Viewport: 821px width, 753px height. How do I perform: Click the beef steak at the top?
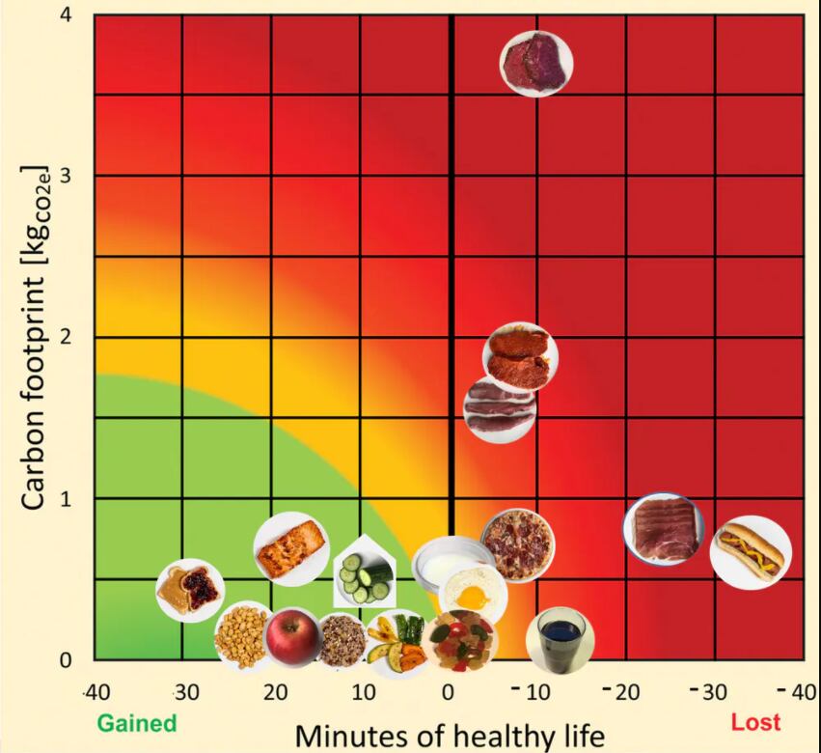536,63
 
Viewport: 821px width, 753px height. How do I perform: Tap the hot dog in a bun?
751,553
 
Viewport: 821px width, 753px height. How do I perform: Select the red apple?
292,638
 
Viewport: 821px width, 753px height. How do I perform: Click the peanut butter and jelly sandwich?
191,590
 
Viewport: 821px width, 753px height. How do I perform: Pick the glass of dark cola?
561,638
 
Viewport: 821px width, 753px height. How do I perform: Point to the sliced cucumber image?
364,575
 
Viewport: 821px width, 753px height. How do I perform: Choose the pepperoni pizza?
517,545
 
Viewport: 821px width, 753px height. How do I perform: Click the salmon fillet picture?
291,549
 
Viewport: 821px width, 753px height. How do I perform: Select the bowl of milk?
452,564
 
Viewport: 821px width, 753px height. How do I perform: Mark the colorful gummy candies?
461,641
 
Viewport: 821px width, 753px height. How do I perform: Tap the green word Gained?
137,723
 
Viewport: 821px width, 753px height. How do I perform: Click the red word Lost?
755,722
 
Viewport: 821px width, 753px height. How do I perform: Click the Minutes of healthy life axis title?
451,736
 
